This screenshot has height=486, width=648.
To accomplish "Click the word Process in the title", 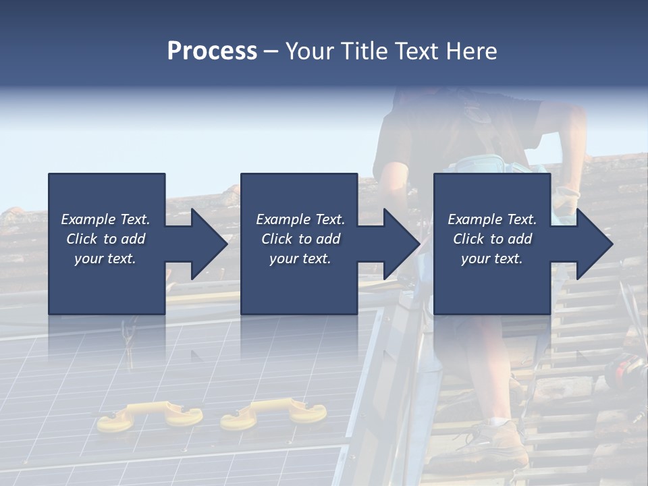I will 212,51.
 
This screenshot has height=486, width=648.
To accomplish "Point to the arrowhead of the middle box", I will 401,244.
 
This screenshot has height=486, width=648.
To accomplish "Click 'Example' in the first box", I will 88,219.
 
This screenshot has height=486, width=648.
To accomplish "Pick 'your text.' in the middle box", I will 300,259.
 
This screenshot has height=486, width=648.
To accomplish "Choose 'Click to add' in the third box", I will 492,239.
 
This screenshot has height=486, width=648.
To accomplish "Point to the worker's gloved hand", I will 566,200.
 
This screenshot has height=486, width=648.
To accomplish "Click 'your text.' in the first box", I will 105,259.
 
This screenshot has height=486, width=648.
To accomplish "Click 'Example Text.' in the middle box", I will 300,219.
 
